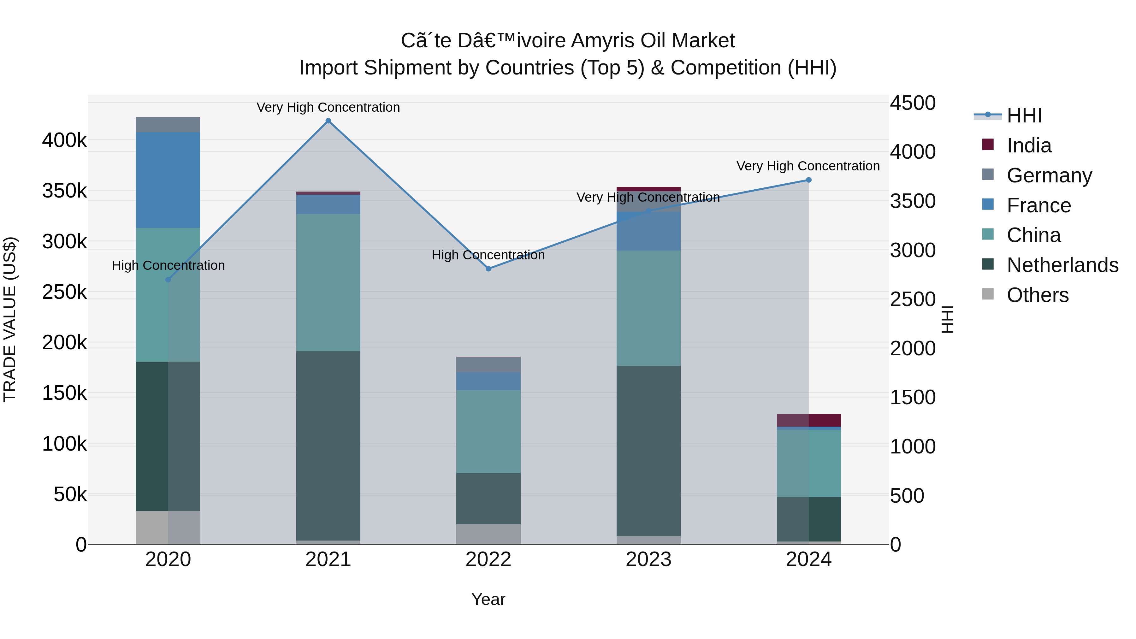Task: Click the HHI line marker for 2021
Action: [328, 121]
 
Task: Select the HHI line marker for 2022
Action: [488, 269]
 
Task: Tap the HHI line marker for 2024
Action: [808, 180]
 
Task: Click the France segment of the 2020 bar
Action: [168, 180]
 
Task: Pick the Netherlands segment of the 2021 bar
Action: [328, 445]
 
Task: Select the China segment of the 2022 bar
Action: [488, 431]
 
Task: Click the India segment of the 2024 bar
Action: [808, 420]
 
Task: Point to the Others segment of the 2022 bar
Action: [488, 534]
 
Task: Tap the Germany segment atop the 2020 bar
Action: [168, 125]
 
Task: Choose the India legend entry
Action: [1029, 145]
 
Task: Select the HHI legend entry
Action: [1024, 115]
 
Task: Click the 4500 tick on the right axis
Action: [912, 103]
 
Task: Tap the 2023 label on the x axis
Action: [648, 559]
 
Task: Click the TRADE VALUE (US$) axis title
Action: [10, 319]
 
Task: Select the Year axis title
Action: [488, 599]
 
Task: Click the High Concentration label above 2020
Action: [168, 265]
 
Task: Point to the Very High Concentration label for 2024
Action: [808, 166]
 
